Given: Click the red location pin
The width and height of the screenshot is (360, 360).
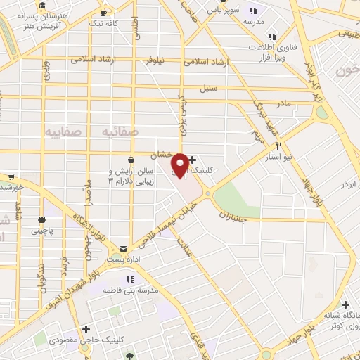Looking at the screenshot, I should [180, 165].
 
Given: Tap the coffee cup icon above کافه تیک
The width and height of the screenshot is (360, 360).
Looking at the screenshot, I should [104, 13].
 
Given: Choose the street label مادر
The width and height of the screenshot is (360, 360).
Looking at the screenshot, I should [283, 103].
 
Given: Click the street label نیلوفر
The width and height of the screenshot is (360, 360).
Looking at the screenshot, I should [160, 61].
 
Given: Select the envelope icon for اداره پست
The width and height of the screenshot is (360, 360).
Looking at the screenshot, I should [124, 249].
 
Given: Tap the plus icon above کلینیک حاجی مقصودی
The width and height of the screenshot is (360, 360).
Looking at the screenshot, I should [86, 328].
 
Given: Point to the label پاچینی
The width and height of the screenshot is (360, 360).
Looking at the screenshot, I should [41, 230].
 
